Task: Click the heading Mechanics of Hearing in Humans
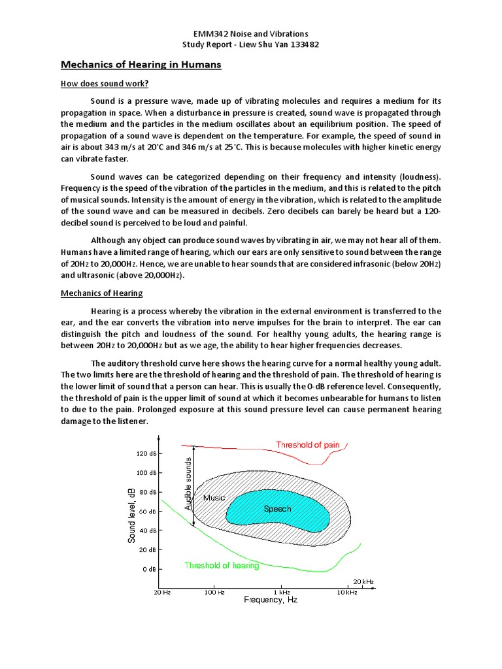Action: (x=141, y=65)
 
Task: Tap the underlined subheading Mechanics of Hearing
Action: (x=102, y=293)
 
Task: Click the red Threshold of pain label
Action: (x=307, y=445)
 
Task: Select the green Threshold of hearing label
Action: (x=222, y=565)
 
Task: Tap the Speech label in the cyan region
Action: (x=277, y=509)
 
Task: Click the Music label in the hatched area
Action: (x=214, y=498)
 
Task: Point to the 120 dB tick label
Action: (x=146, y=453)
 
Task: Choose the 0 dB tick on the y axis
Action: (x=149, y=569)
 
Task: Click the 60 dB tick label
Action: (x=148, y=512)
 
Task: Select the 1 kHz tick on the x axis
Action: (x=282, y=592)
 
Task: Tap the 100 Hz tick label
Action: (x=214, y=592)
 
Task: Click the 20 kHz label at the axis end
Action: (x=363, y=581)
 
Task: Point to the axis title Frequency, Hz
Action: (x=270, y=600)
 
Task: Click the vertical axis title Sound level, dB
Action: (x=132, y=514)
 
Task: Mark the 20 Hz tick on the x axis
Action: (x=162, y=592)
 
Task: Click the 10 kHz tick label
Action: (x=346, y=592)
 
